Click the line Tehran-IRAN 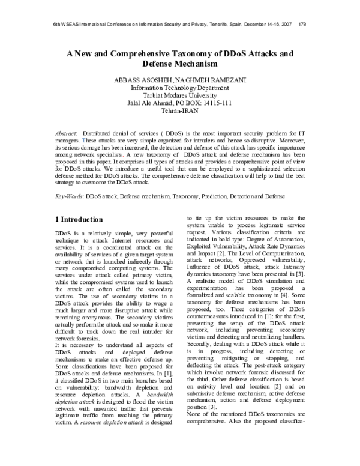(x=180, y=111)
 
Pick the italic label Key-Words (x=68, y=196)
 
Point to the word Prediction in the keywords (x=209, y=196)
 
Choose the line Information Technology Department (x=180, y=88)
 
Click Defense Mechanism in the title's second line (x=181, y=64)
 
